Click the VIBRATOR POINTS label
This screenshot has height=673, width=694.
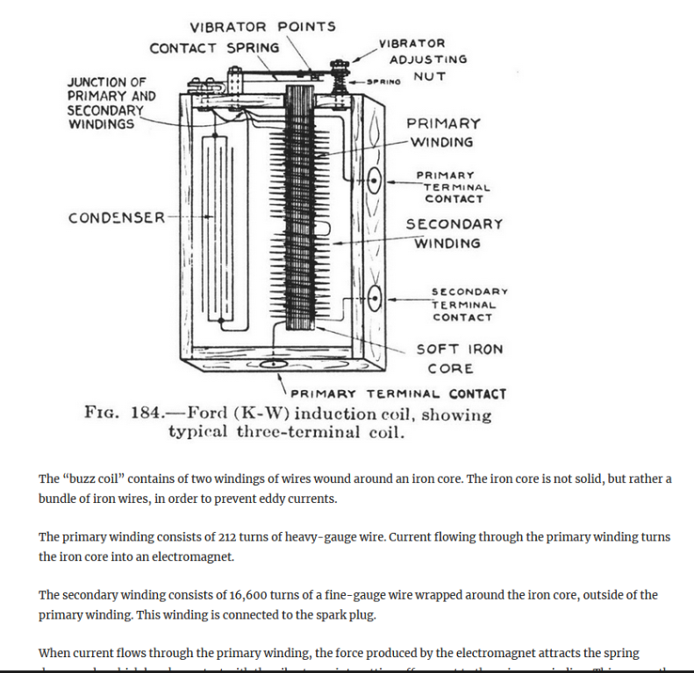(262, 26)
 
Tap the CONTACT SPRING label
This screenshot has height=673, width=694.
(214, 48)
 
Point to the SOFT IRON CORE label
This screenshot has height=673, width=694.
(460, 358)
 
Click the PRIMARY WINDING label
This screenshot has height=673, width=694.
(443, 132)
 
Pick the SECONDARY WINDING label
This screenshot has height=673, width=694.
(453, 233)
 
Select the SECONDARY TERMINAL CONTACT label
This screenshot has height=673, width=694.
(469, 304)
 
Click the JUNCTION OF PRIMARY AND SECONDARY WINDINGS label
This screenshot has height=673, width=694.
(111, 103)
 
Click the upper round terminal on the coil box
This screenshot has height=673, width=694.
(374, 181)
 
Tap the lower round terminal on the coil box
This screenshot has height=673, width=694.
(374, 299)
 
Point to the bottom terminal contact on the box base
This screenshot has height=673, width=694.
(273, 361)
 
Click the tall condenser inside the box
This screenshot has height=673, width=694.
(215, 232)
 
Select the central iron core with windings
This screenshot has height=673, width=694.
(301, 210)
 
